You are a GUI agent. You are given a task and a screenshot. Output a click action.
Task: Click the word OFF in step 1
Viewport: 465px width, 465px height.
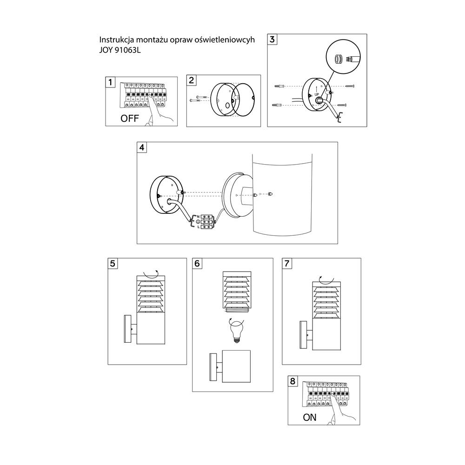click(x=130, y=118)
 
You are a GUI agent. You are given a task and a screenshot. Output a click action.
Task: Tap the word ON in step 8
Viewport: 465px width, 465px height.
click(x=310, y=417)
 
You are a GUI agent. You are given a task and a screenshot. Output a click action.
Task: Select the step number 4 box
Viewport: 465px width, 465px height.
click(x=142, y=147)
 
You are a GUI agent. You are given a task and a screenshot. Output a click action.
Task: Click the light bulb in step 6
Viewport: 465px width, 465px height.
click(x=237, y=332)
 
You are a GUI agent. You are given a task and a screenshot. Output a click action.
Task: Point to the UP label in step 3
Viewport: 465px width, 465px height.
click(x=317, y=94)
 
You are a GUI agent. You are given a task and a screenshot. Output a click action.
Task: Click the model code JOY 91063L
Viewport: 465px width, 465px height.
click(x=120, y=50)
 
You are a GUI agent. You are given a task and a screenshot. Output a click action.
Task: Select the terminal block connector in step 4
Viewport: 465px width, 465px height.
click(x=207, y=222)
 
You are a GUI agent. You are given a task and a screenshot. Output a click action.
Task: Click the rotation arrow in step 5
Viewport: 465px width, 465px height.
click(x=151, y=274)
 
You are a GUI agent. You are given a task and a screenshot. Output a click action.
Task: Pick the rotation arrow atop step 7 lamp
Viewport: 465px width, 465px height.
click(x=326, y=279)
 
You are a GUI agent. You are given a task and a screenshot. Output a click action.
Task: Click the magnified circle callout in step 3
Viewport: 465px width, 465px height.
click(x=343, y=56)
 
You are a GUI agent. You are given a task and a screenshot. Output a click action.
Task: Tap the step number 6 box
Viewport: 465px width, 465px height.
click(x=197, y=263)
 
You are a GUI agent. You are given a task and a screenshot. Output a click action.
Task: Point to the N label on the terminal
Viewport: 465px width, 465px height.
click(x=198, y=217)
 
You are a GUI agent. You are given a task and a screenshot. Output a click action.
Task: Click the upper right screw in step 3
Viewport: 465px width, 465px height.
click(x=350, y=86)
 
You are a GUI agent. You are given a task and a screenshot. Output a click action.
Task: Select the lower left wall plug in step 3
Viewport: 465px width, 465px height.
click(x=276, y=105)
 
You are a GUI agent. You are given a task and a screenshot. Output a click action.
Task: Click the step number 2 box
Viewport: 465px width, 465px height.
click(x=191, y=80)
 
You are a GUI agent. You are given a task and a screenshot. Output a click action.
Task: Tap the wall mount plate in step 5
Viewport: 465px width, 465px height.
click(x=127, y=329)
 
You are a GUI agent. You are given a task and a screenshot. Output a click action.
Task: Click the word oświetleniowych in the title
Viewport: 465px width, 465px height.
click(x=225, y=40)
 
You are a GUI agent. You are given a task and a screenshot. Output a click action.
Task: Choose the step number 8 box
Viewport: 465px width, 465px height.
click(x=292, y=381)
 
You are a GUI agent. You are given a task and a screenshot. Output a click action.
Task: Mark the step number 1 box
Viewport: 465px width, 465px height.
click(x=110, y=82)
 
